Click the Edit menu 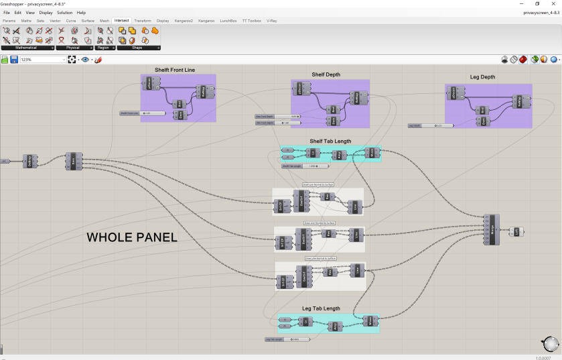coord(17,13)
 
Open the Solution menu coord(65,13)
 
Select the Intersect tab coord(122,21)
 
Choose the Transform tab coord(143,21)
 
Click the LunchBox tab coord(228,21)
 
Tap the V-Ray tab coord(272,21)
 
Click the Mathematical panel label coord(27,48)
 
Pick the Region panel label coord(103,48)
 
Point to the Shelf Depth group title coord(326,74)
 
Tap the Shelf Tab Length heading coord(330,141)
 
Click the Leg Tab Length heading coord(321,308)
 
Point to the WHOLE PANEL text coord(132,237)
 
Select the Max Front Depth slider coord(277,117)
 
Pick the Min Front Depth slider coord(277,123)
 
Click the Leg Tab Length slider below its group coord(287,339)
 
